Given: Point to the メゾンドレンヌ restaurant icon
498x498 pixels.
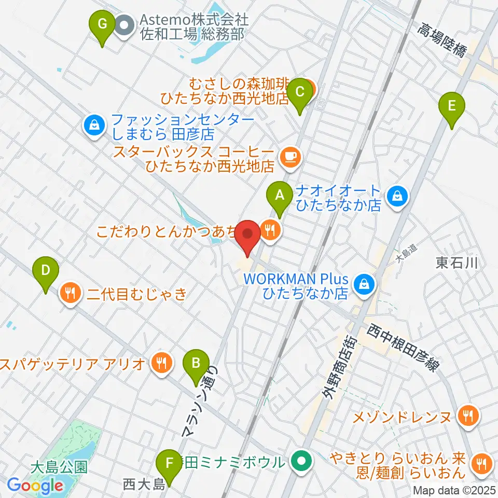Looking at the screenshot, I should pos(468,414).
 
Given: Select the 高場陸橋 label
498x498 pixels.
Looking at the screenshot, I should pos(443,42).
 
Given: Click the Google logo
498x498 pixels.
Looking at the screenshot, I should pos(35,486).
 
